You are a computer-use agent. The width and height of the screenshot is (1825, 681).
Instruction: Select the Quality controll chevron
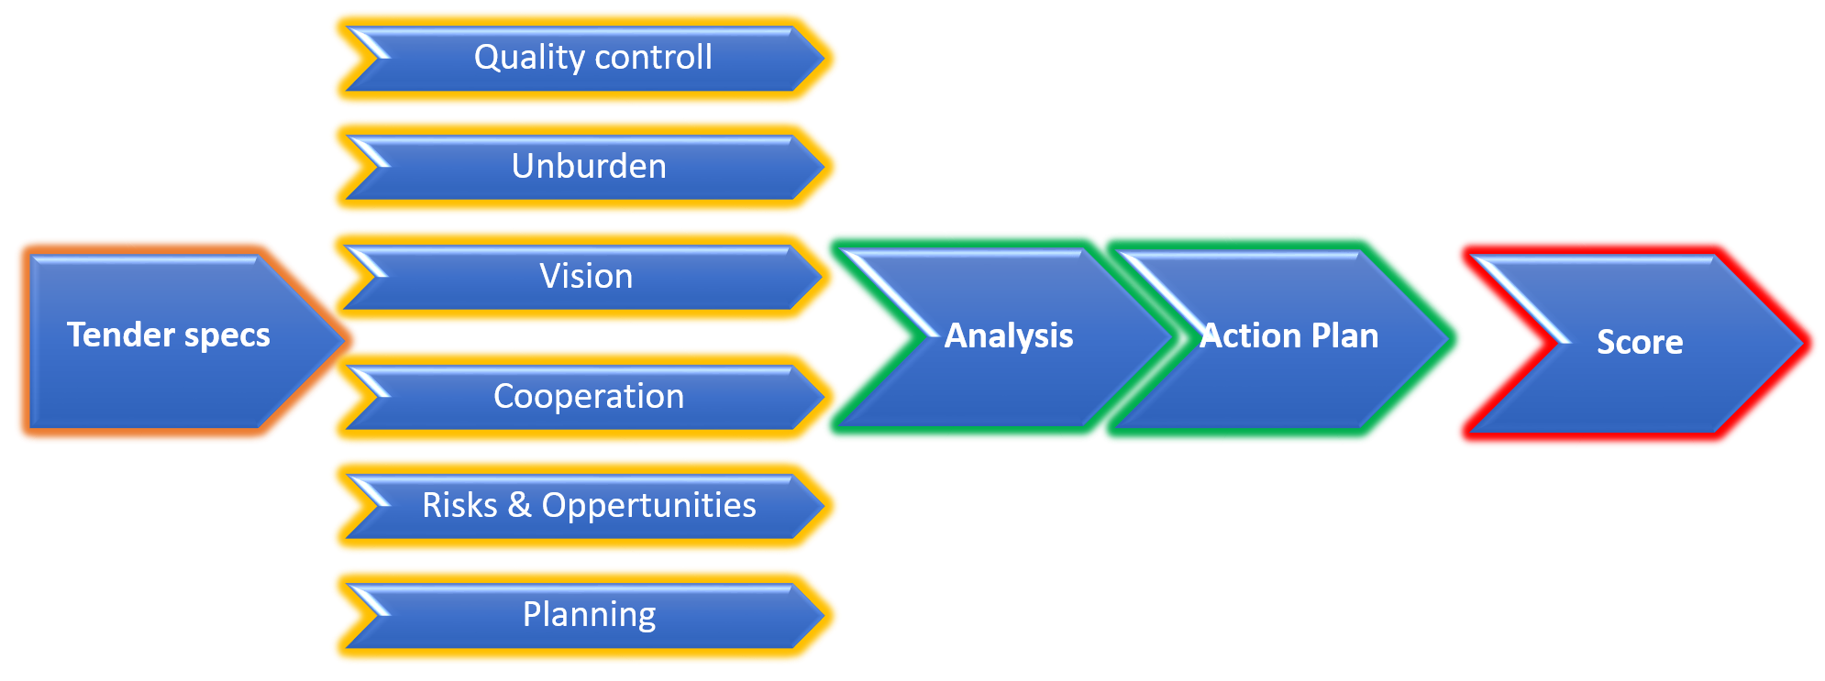pyautogui.click(x=587, y=59)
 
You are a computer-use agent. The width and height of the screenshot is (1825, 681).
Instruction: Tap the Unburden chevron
pyautogui.click(x=587, y=168)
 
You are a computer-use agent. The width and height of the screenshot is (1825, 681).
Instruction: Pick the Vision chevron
pyautogui.click(x=587, y=277)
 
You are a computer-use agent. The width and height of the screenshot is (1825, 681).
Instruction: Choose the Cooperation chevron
pyautogui.click(x=587, y=397)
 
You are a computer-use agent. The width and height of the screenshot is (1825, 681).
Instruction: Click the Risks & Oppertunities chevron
pyautogui.click(x=587, y=506)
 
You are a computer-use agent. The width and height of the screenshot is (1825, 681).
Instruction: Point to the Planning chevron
pyautogui.click(x=587, y=615)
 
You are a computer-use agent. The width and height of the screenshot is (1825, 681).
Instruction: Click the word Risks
pyautogui.click(x=459, y=505)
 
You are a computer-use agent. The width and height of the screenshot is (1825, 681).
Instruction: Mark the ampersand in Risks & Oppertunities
pyautogui.click(x=519, y=505)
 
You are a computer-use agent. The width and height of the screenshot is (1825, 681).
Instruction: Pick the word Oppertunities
pyautogui.click(x=648, y=507)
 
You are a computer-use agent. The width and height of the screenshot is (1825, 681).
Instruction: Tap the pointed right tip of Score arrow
pyautogui.click(x=1806, y=343)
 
